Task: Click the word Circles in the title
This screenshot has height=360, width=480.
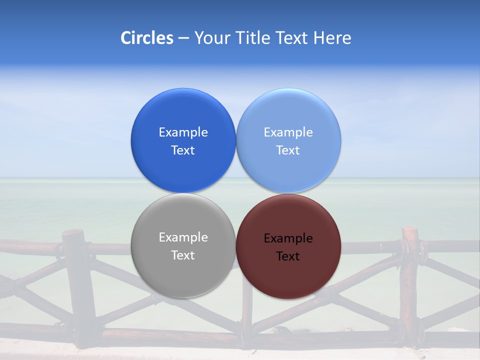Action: point(147,38)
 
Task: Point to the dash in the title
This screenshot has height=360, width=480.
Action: point(183,38)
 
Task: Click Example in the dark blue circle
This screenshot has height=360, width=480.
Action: point(183,132)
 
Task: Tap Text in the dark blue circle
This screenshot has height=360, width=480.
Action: point(183,150)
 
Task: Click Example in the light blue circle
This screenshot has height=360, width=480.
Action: point(288,132)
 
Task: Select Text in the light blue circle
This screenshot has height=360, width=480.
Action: point(288,150)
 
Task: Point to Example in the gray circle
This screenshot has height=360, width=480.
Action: point(183,237)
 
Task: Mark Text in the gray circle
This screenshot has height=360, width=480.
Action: point(183,255)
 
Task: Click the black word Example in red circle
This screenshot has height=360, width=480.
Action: point(288,238)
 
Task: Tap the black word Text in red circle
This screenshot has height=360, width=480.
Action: point(288,256)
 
